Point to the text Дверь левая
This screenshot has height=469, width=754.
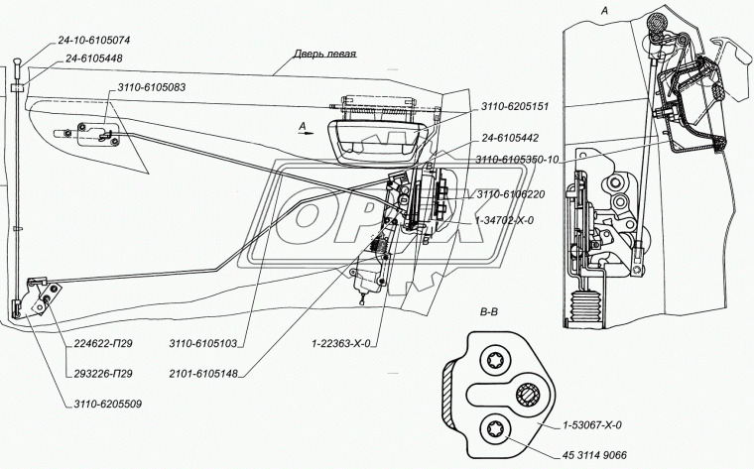pyautogui.click(x=324, y=56)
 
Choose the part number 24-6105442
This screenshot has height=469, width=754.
pyautogui.click(x=515, y=141)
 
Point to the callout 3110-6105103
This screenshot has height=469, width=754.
pyautogui.click(x=202, y=345)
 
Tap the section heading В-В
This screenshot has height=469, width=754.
pyautogui.click(x=490, y=312)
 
